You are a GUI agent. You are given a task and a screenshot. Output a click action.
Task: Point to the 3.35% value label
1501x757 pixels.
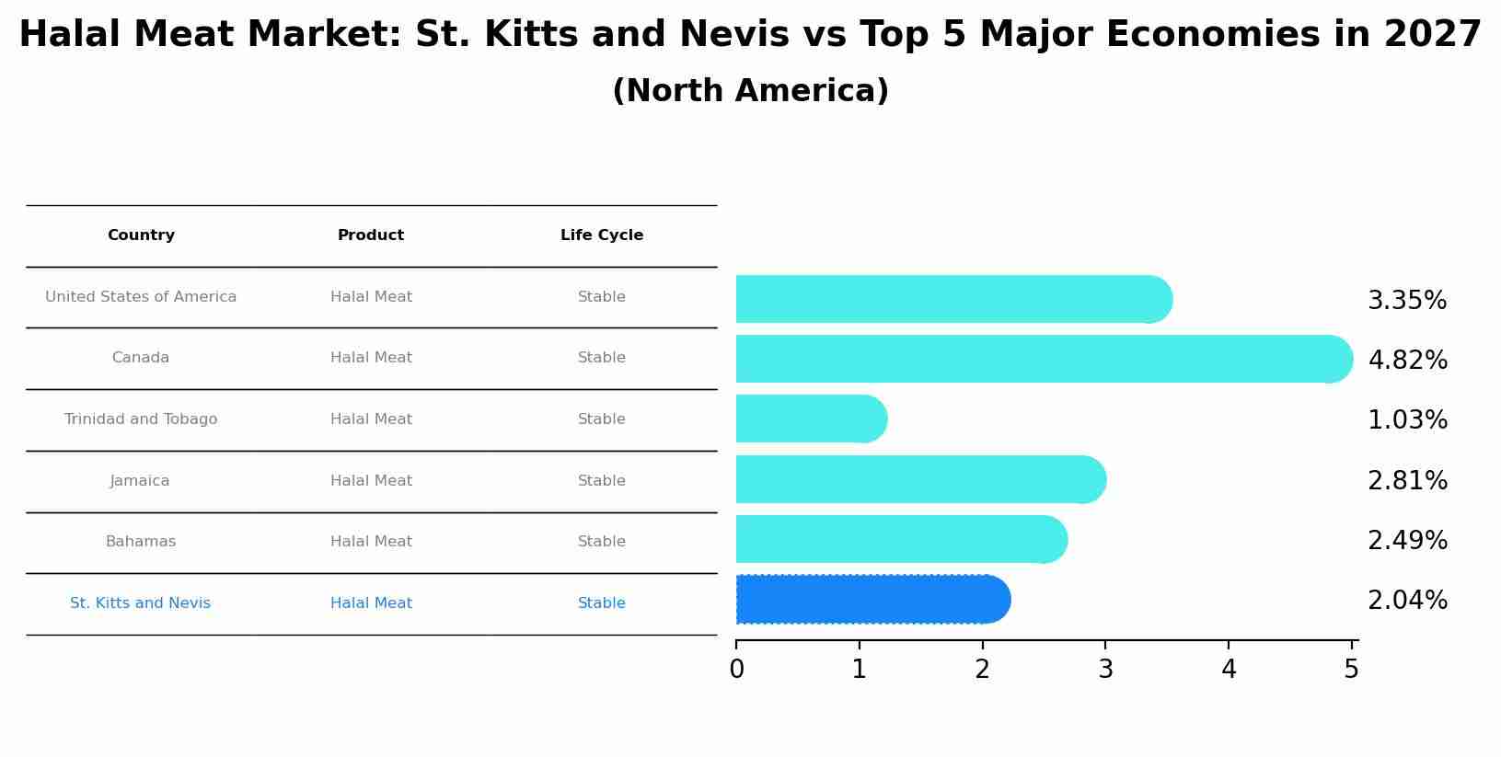(1406, 301)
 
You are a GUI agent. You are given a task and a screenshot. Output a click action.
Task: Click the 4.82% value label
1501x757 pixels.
(1407, 361)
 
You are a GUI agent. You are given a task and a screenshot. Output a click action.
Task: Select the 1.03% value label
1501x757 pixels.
(1407, 420)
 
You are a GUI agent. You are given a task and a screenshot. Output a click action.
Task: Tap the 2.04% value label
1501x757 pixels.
(1407, 601)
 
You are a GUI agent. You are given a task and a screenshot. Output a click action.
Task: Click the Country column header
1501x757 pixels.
(141, 235)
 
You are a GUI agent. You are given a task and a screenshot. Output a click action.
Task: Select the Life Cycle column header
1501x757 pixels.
(602, 235)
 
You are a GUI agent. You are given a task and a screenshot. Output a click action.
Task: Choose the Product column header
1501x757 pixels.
(371, 235)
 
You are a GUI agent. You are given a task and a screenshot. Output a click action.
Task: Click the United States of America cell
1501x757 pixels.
(141, 297)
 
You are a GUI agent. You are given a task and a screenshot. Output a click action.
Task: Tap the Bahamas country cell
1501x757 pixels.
(141, 542)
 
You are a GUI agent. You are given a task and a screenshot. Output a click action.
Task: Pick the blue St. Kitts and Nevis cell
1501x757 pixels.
(141, 603)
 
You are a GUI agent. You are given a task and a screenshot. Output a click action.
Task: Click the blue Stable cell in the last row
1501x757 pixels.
(602, 603)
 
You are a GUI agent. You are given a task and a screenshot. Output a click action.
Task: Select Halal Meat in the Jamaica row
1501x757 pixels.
(371, 481)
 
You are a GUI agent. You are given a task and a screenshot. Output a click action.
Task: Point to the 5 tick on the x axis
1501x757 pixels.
(1351, 670)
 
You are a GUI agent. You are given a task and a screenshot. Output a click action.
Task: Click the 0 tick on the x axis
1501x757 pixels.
(736, 670)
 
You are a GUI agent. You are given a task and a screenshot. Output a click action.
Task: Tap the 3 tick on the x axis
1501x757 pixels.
(1105, 670)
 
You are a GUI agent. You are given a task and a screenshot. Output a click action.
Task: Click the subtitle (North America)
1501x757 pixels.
(750, 91)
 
